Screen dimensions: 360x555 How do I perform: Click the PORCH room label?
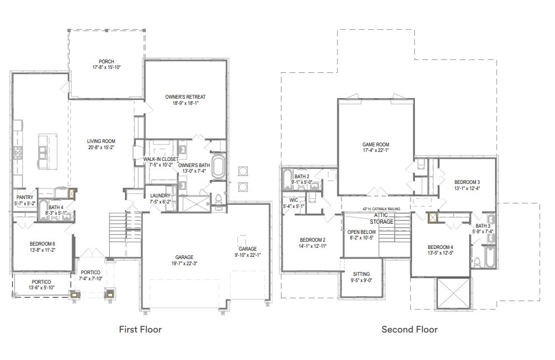[107, 61]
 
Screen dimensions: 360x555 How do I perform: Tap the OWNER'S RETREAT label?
[185, 97]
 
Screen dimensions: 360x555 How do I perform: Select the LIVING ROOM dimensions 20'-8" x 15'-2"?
[101, 147]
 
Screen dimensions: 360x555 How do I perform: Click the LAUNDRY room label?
[160, 196]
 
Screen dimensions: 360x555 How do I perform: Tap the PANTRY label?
[24, 197]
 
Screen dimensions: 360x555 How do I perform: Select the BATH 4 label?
[55, 207]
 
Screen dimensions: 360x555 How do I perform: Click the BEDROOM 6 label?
[43, 244]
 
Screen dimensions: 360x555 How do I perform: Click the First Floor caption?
[140, 329]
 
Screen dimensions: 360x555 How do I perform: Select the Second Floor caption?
[409, 329]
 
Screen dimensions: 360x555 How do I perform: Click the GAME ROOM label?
[376, 144]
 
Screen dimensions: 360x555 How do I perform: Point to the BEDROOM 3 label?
[466, 182]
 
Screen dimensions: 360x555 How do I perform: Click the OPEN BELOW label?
[362, 232]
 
